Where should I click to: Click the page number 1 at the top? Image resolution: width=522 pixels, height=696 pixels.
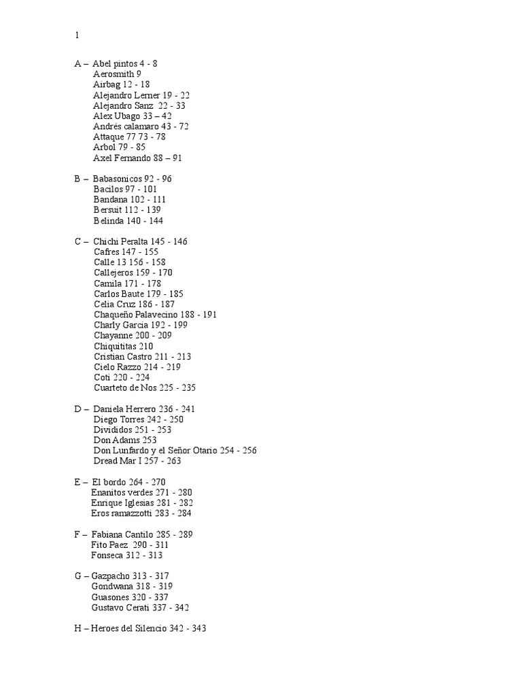point(77,36)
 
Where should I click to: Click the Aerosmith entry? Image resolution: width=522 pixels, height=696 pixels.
point(117,74)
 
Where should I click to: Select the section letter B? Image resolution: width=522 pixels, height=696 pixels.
point(78,179)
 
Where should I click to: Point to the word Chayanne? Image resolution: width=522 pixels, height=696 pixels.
point(113,336)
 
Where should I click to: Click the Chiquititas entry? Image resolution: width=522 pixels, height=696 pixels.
point(123,346)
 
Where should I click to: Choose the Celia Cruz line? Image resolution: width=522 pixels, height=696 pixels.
point(134,304)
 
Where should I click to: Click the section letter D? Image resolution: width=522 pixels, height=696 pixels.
point(78,409)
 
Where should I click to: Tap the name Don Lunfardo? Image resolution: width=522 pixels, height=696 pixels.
point(126,451)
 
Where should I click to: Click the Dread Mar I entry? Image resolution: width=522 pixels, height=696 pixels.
point(137,461)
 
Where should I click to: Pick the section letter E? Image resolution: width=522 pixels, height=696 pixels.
point(77,482)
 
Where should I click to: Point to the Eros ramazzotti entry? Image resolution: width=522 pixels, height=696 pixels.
point(141,513)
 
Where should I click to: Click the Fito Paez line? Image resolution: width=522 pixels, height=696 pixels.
point(129,545)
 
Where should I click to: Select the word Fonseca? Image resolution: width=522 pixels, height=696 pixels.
point(109,555)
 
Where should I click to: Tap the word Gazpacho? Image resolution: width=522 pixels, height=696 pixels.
point(112,576)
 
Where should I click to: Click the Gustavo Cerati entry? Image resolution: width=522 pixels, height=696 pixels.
point(140,608)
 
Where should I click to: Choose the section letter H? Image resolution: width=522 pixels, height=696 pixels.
point(78,629)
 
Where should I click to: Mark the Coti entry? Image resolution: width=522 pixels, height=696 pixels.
point(122,377)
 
